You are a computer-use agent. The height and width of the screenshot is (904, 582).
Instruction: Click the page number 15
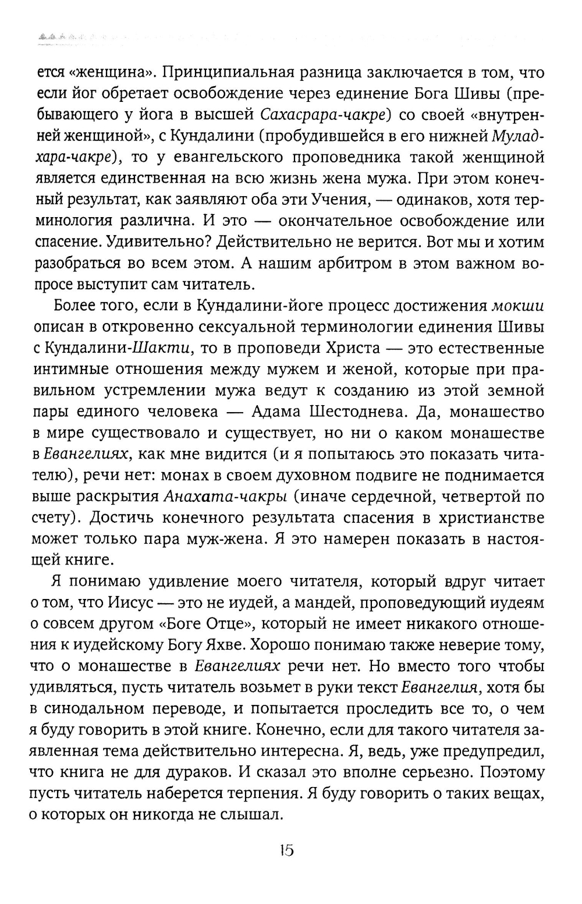click(x=286, y=850)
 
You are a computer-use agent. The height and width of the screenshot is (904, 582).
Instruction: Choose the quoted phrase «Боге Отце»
click(x=207, y=623)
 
